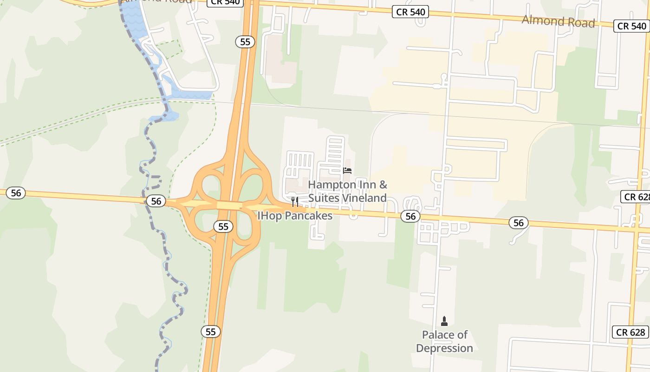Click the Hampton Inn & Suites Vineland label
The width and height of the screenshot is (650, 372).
pyautogui.click(x=347, y=191)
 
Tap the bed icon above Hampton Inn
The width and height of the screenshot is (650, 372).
pyautogui.click(x=347, y=171)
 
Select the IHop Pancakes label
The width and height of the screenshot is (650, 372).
pyautogui.click(x=295, y=216)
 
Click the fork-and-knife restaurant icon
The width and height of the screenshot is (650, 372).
pyautogui.click(x=295, y=201)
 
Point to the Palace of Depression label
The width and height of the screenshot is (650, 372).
pyautogui.click(x=444, y=341)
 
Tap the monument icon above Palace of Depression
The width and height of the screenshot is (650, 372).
pyautogui.click(x=444, y=321)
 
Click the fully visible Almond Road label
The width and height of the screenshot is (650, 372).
pyautogui.click(x=558, y=21)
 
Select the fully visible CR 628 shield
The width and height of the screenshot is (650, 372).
pyautogui.click(x=631, y=332)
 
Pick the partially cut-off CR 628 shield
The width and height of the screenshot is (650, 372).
pyautogui.click(x=637, y=197)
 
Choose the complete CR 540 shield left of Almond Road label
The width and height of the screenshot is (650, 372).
pyautogui.click(x=410, y=12)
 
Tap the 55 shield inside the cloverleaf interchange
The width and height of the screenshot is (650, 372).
pyautogui.click(x=223, y=226)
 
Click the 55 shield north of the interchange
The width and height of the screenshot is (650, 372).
pyautogui.click(x=245, y=42)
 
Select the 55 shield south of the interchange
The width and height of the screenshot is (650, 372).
pyautogui.click(x=211, y=332)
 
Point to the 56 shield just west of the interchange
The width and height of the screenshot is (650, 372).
pyautogui.click(x=156, y=201)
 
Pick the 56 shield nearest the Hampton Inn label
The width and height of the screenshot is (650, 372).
pyautogui.click(x=410, y=216)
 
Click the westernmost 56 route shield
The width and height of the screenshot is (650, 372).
pyautogui.click(x=16, y=193)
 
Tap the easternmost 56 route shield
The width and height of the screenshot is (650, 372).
pyautogui.click(x=518, y=223)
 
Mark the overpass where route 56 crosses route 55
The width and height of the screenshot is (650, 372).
pyautogui.click(x=229, y=206)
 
